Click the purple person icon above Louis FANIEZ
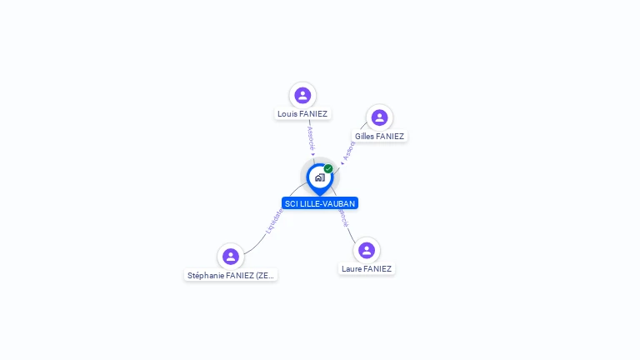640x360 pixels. pos(302,95)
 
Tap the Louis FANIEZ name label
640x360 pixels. pos(302,113)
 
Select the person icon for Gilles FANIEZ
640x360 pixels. pos(379,117)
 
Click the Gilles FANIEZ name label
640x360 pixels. pos(379,136)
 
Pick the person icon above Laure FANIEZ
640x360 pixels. pos(367,250)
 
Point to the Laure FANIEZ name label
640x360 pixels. pos(367,268)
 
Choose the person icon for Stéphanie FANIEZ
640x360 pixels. pos(231,256)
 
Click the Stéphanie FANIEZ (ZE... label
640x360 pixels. pos(231,275)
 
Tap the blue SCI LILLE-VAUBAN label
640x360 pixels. pos(320,203)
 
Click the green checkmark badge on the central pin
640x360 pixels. pos(328,169)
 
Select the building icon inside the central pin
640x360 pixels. pos(319,177)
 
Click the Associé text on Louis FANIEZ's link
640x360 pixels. pos(311,138)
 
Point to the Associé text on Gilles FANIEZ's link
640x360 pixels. pos(348,151)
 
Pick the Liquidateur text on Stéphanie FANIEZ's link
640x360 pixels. pos(274,220)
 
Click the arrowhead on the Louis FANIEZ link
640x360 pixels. pos(312,154)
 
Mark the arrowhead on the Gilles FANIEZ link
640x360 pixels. pos(342,162)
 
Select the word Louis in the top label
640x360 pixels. pos(287,113)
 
